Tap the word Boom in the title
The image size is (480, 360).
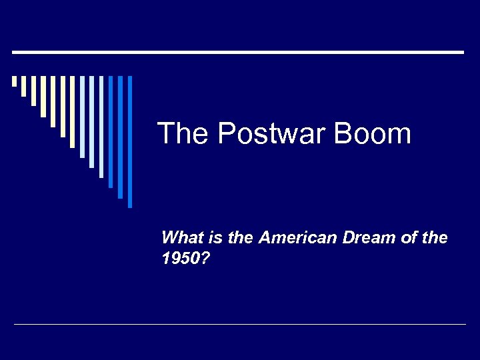(x=373, y=134)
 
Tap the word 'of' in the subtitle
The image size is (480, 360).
(x=408, y=237)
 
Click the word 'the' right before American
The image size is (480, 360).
(x=240, y=237)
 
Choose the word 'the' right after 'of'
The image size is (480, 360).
(x=435, y=237)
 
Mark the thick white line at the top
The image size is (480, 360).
(x=238, y=52)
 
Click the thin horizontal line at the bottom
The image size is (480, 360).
(x=240, y=325)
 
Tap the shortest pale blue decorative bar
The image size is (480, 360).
(x=82, y=117)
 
